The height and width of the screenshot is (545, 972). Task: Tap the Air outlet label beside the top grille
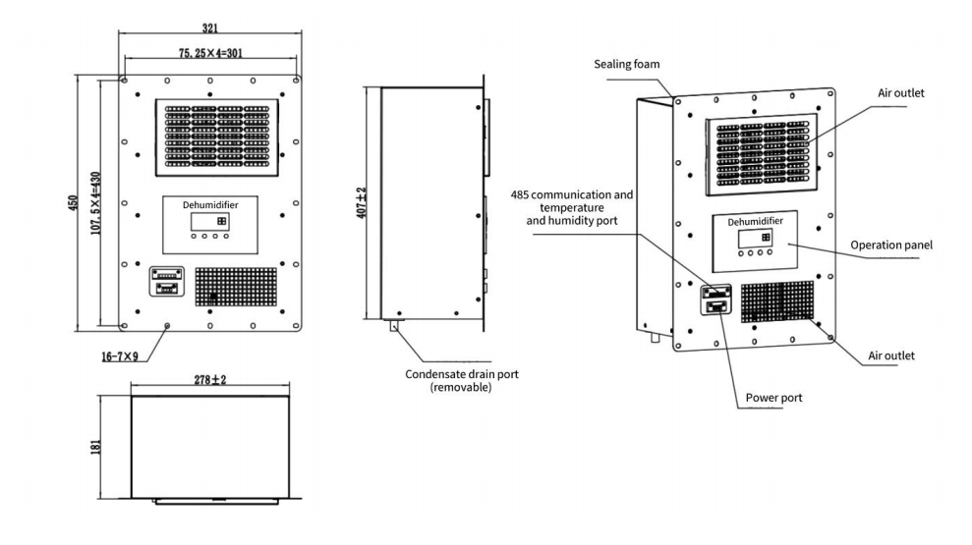[901, 92]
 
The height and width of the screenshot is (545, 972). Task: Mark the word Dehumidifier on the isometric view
[756, 222]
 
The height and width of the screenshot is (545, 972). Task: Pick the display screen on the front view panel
[209, 221]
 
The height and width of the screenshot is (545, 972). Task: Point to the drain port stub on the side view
[394, 327]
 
